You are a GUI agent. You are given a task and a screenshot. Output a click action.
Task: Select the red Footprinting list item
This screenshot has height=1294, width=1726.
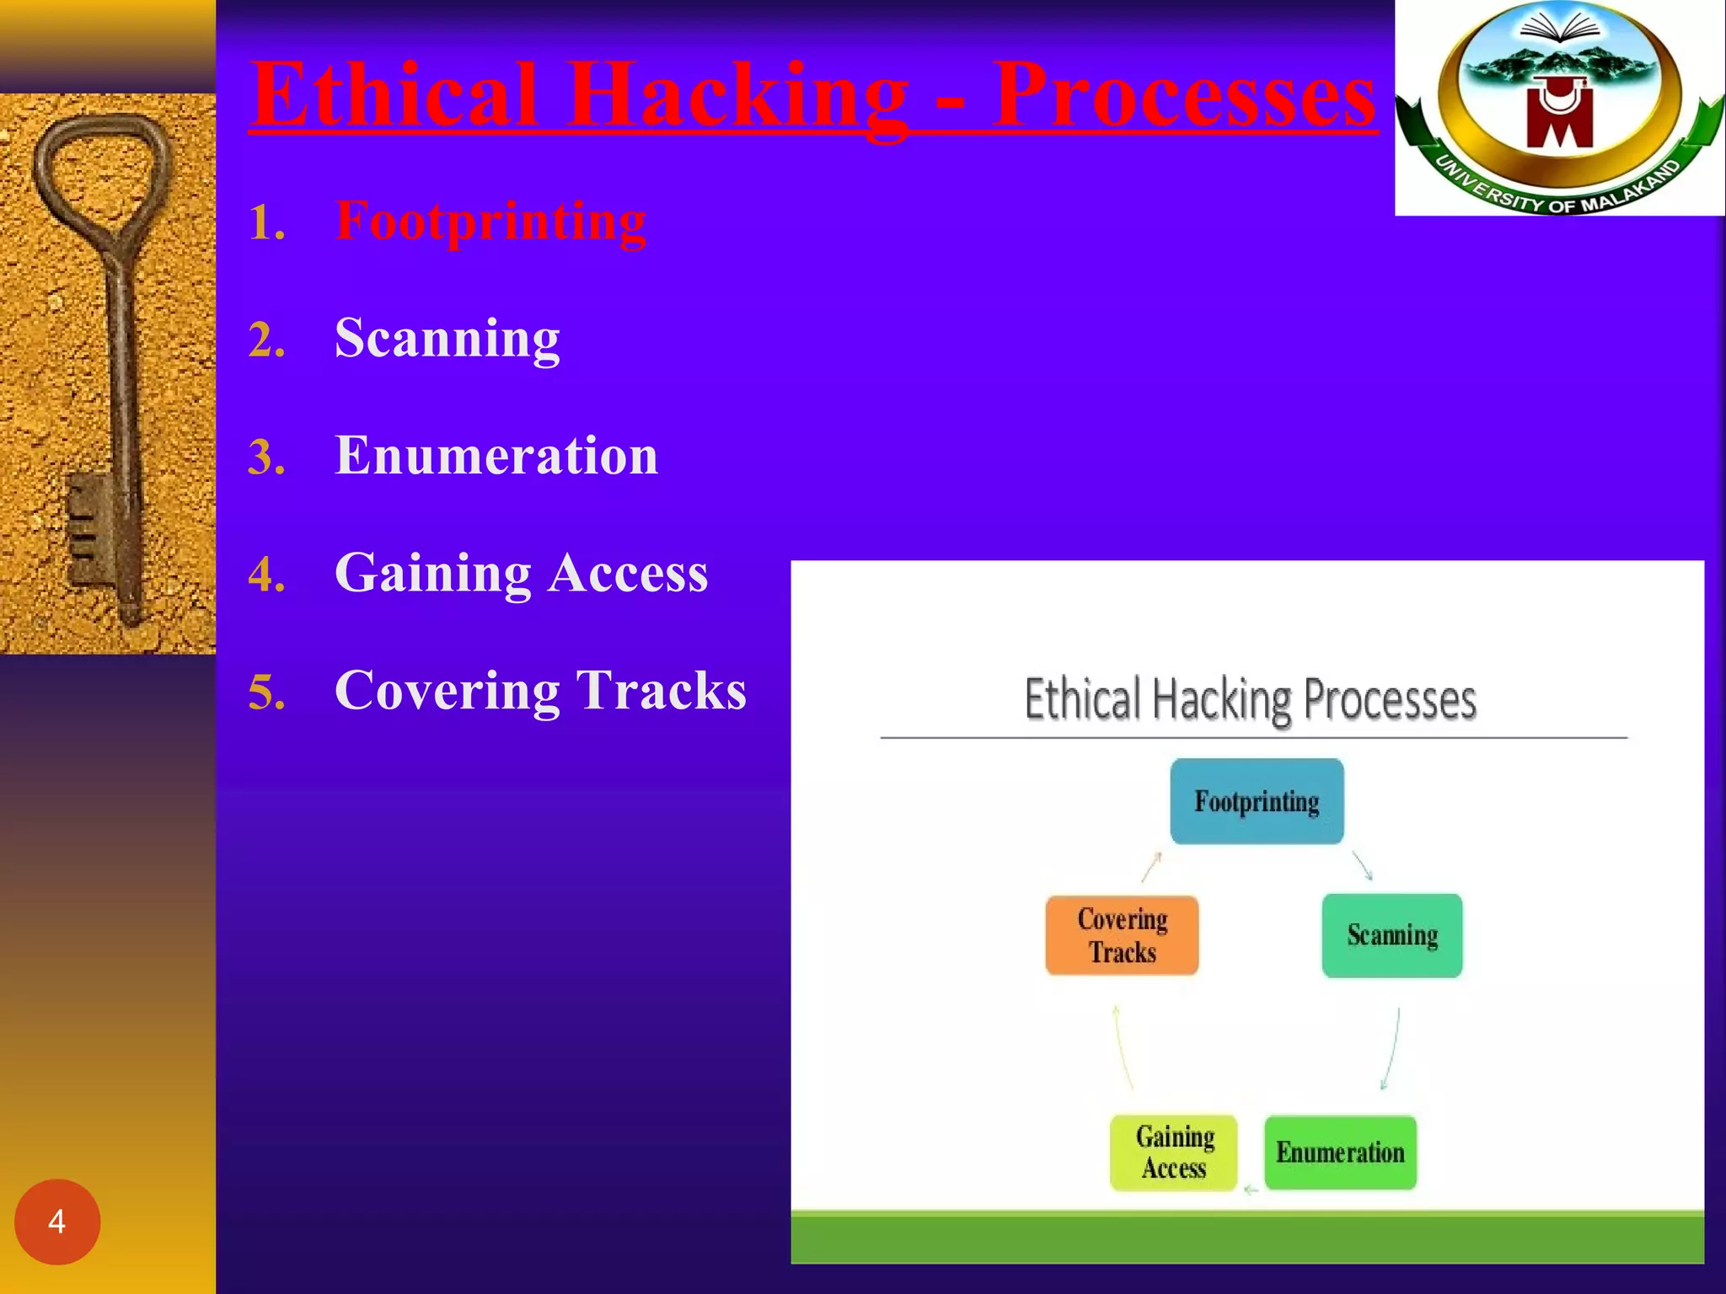(490, 221)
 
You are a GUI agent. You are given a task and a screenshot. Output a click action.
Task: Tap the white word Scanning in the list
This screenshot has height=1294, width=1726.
(447, 338)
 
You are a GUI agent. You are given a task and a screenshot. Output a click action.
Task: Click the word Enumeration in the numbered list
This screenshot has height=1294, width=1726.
(496, 456)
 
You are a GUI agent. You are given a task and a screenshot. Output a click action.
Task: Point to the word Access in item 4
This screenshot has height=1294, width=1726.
(628, 573)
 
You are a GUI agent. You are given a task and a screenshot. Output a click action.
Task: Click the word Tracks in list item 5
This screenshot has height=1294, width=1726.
(662, 690)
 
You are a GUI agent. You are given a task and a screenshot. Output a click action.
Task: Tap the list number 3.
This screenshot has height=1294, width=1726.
(266, 457)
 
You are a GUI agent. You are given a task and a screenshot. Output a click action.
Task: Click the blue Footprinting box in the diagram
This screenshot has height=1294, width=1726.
(1257, 801)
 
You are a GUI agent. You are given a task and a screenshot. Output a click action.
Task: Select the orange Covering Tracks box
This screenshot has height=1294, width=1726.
(1122, 935)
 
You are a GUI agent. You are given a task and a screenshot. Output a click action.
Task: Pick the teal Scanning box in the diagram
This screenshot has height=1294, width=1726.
(1391, 935)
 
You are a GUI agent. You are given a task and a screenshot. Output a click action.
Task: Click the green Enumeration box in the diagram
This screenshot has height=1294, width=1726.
(1340, 1152)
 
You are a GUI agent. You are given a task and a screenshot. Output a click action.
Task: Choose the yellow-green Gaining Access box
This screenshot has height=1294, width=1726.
(1174, 1152)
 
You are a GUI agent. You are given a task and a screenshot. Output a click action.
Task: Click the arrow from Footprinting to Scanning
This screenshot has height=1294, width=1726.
(1363, 866)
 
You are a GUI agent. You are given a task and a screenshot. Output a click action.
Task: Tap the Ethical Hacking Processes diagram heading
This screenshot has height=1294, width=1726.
(1251, 699)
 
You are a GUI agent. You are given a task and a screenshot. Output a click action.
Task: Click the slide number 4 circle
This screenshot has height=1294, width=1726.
(57, 1221)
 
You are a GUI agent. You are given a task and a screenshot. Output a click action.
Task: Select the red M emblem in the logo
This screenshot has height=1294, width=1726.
(1558, 118)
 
